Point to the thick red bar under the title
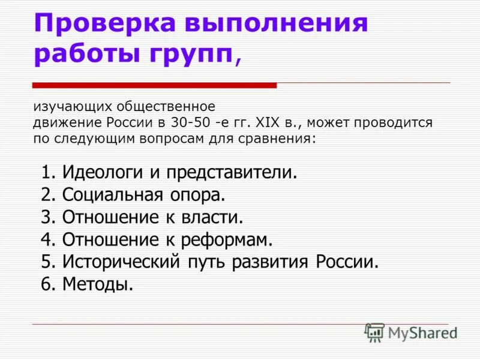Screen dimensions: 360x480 [154, 85]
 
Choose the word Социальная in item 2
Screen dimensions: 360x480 [113, 195]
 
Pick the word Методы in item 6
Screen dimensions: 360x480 [97, 284]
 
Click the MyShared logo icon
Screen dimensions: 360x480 [375, 332]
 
